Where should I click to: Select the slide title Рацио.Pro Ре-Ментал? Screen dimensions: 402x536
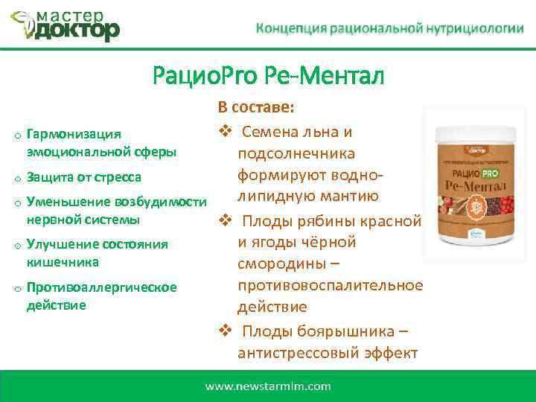coord(268,75)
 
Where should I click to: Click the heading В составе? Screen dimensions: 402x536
coord(257,108)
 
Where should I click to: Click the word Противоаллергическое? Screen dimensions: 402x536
coord(101,287)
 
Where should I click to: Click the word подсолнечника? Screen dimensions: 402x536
coord(296,154)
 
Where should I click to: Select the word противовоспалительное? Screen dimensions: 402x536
coord(330,286)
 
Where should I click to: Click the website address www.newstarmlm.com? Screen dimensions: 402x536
coord(268,386)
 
